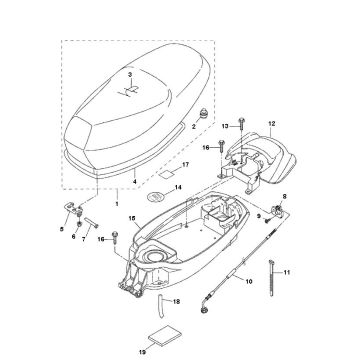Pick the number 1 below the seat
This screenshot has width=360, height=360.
[x=116, y=204]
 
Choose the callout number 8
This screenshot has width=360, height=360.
[x=284, y=197]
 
